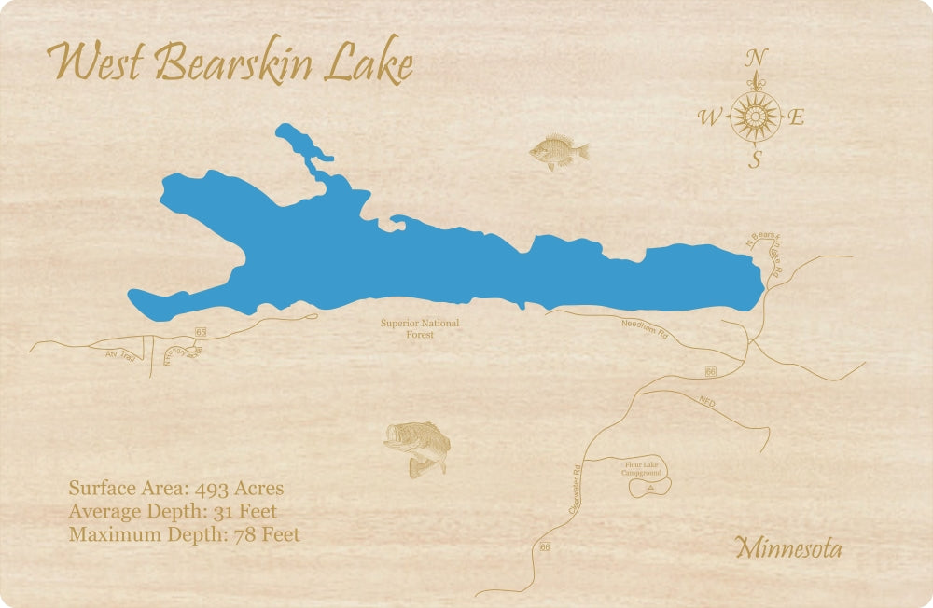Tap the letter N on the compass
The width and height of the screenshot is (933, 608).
756,59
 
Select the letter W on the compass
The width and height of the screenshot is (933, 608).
710,117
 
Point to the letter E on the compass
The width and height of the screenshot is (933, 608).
797,117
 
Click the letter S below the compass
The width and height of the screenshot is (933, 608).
756,159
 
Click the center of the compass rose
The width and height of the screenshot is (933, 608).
755,117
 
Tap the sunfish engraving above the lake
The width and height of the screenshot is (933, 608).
559,152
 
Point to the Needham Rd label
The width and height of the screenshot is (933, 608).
645,327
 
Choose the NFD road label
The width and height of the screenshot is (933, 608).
706,401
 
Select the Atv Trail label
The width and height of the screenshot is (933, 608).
121,355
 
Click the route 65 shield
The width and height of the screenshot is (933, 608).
201,331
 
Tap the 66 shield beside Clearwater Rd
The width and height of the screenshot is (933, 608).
545,546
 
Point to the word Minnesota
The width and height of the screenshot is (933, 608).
788,548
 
